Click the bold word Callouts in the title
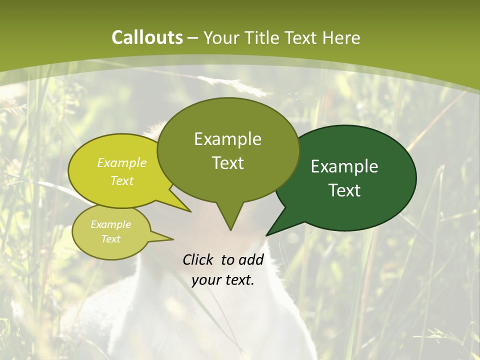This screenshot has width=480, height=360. tap(147, 37)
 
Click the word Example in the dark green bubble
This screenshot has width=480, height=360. tap(344, 166)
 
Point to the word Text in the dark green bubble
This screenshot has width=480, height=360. tap(344, 190)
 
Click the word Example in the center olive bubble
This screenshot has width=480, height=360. tap(227, 139)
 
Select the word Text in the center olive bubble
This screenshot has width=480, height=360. tap(227, 162)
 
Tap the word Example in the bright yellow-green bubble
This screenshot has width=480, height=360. tap(122, 162)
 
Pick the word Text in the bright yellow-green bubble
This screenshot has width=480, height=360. tap(122, 180)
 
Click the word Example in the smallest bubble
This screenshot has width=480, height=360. tap(110, 224)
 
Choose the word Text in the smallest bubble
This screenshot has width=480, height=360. tap(110, 239)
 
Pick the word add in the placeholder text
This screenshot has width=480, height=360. tap(251, 259)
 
